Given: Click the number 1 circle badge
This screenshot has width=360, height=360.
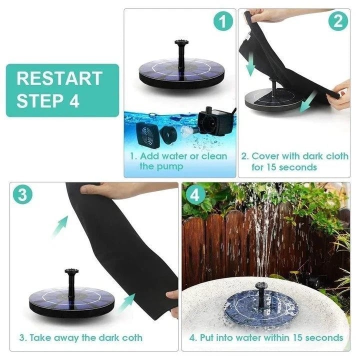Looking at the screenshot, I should coord(223,22).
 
